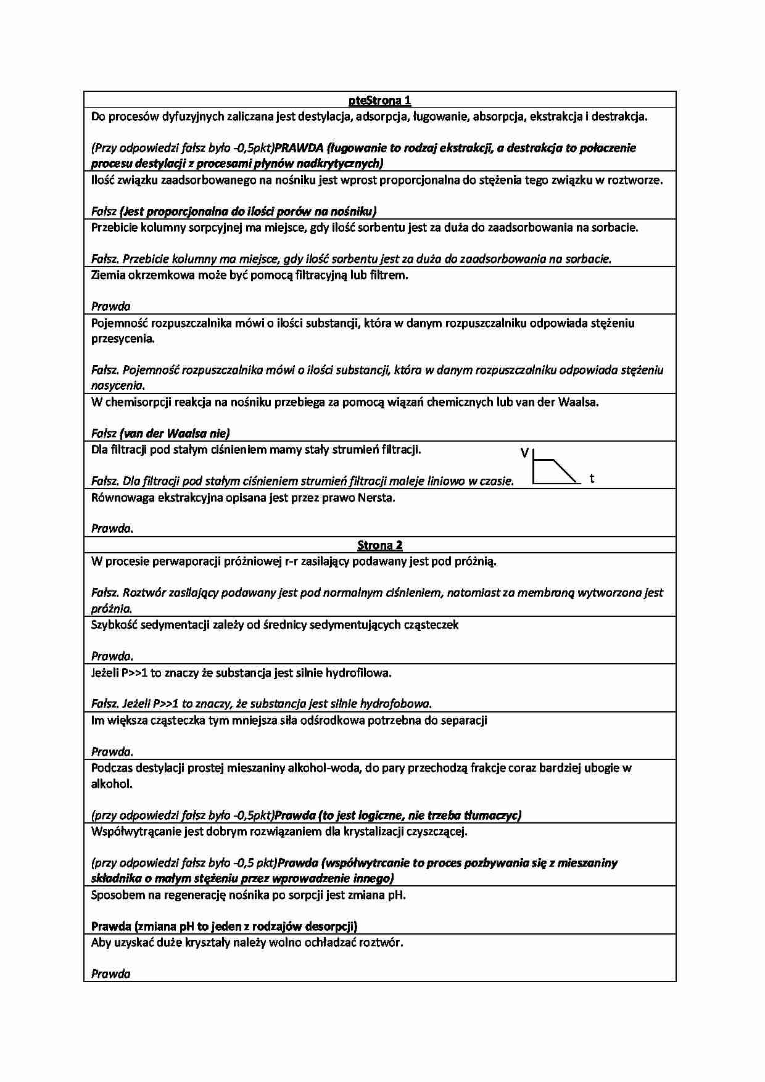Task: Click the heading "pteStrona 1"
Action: pos(379,100)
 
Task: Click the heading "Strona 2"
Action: pos(379,545)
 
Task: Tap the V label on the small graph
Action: pos(524,453)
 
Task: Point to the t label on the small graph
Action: pos(592,478)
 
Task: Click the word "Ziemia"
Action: pos(108,275)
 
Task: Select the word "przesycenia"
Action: pos(122,339)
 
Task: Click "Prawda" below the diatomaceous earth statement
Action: pos(111,306)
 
